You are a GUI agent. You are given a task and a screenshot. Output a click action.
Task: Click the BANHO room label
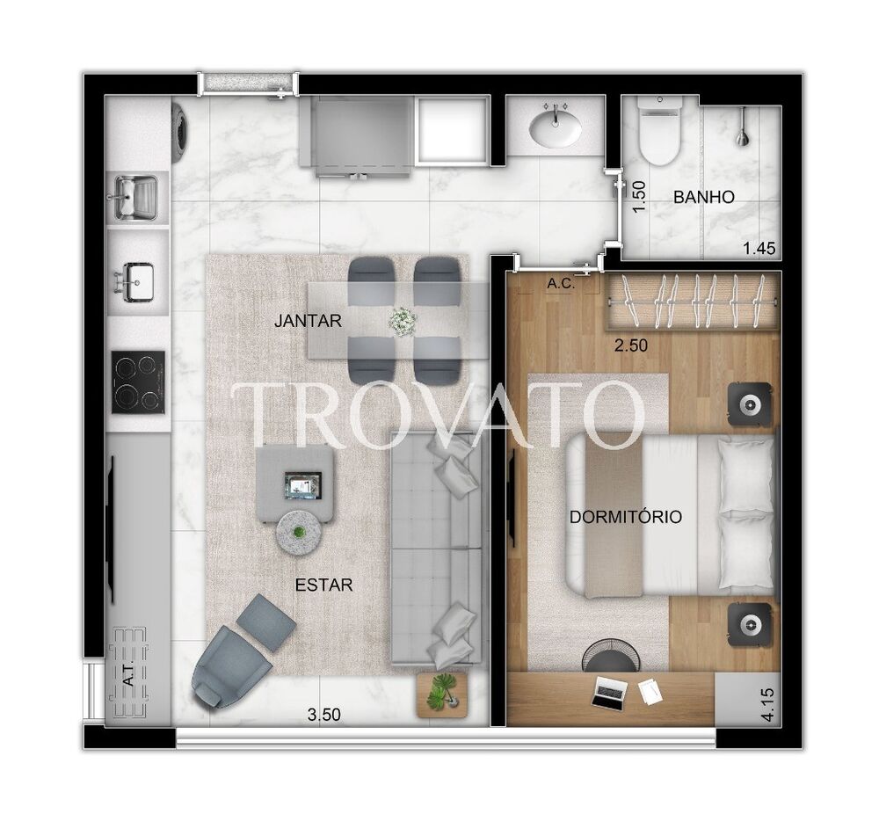point(703,198)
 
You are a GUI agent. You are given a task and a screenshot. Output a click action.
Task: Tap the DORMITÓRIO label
point(625,517)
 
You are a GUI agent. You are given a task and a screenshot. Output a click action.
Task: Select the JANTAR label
point(307,321)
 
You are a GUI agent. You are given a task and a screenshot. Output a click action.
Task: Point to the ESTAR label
point(324,585)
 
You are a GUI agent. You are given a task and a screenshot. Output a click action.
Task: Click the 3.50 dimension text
point(323,715)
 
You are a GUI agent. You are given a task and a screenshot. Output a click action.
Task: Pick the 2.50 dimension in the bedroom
point(630,346)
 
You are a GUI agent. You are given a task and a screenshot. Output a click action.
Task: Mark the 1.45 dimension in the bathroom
point(759,250)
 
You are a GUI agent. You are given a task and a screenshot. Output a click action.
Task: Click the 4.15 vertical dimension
point(770,706)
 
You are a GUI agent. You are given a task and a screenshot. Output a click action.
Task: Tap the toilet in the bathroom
point(659,132)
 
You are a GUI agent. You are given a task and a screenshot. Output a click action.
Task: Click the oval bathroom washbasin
point(555,128)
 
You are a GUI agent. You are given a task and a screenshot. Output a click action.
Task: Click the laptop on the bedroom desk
point(609,691)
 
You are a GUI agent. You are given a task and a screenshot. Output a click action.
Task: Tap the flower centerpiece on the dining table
point(403,321)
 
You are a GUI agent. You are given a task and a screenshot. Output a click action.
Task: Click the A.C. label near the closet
point(560,284)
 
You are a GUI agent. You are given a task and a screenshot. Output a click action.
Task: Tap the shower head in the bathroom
point(744,127)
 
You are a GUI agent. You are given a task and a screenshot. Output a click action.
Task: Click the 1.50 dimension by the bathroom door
point(640,195)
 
